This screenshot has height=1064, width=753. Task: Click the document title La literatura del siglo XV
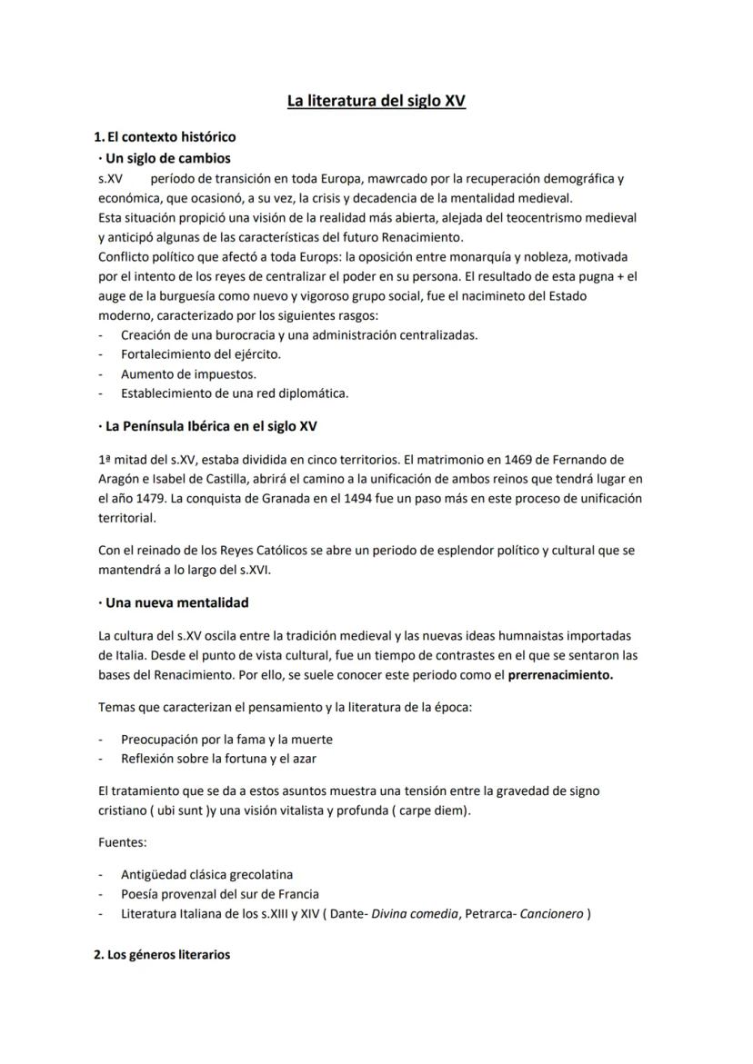coord(376,101)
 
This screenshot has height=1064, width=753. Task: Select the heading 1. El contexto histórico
coord(165,137)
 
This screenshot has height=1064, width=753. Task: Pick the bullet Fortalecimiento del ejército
coord(200,354)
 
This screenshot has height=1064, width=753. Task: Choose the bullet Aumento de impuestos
coord(188,373)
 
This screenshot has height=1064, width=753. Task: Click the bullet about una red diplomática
coord(235,393)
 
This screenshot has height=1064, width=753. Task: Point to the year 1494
coord(348,499)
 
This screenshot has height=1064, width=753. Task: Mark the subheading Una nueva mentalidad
coord(177,602)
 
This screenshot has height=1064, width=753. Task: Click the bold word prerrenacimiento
coord(560,675)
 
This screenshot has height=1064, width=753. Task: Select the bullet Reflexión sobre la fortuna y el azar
coord(218,758)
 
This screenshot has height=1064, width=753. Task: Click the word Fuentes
coord(122,842)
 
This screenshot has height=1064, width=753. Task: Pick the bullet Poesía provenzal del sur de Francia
coord(219,894)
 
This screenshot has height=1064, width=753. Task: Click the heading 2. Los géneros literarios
coord(162,955)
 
